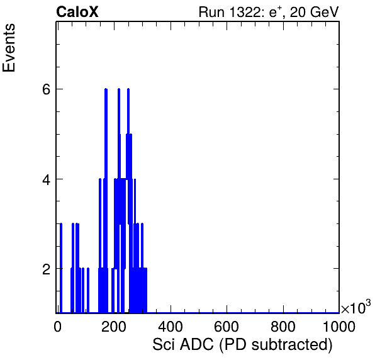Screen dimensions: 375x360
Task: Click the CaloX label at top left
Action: (x=77, y=12)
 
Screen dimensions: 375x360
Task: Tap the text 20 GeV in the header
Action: (x=314, y=13)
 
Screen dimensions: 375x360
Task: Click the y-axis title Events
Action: (x=9, y=48)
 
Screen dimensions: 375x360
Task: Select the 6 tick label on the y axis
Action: (x=46, y=89)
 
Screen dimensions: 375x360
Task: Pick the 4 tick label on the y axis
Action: (x=46, y=179)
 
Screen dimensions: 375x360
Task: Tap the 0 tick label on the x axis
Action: (x=57, y=327)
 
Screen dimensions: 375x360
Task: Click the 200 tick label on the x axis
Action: (x=114, y=327)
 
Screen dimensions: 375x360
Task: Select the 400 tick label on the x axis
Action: (x=171, y=327)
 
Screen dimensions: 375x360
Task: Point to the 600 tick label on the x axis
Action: (x=227, y=327)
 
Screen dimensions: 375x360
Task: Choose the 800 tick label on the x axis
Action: (x=283, y=327)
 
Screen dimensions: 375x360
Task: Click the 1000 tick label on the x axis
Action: (x=339, y=327)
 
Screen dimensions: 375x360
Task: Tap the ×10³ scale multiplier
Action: (x=356, y=307)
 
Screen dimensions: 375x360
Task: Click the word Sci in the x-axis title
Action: (x=164, y=344)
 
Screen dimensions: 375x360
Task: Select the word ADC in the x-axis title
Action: (x=196, y=344)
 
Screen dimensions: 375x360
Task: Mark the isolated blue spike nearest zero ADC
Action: (x=61, y=268)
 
